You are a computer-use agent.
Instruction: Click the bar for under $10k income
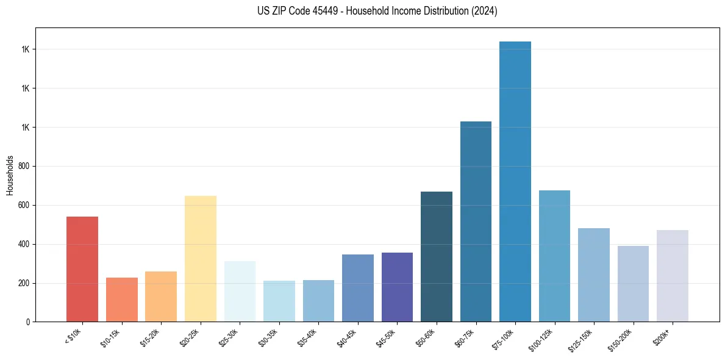pyautogui.click(x=82, y=269)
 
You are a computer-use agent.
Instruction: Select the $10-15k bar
pyautogui.click(x=121, y=300)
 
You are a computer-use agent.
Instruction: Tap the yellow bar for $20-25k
pyautogui.click(x=200, y=259)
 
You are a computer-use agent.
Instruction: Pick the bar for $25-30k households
pyautogui.click(x=240, y=291)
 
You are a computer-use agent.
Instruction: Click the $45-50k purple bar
pyautogui.click(x=397, y=287)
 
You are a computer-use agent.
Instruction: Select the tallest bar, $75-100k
pyautogui.click(x=515, y=182)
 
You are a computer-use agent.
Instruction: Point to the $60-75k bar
pyautogui.click(x=476, y=221)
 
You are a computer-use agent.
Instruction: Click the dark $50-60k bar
pyautogui.click(x=437, y=256)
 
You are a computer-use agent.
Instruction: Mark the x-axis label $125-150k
pyautogui.click(x=584, y=339)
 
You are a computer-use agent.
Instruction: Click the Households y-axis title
pyautogui.click(x=10, y=175)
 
